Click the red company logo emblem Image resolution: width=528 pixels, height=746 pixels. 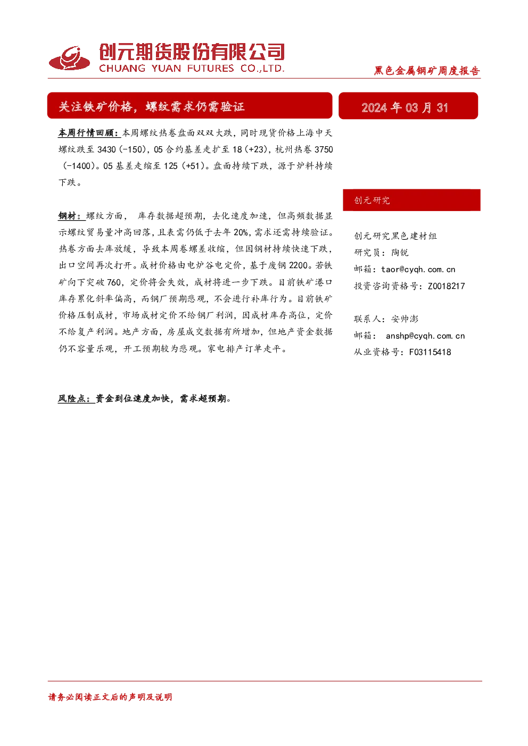(x=69, y=58)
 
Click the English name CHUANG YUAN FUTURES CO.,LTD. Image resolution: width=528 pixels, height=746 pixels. (x=192, y=69)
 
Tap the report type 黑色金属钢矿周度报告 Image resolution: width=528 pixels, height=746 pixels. (x=427, y=71)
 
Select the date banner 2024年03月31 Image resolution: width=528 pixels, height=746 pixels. (x=405, y=107)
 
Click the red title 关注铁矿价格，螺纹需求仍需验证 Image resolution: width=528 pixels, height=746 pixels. (x=152, y=106)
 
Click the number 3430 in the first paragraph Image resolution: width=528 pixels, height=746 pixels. (x=106, y=149)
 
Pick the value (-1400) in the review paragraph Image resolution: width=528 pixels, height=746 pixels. (x=79, y=166)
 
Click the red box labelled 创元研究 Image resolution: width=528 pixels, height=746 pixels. (x=411, y=200)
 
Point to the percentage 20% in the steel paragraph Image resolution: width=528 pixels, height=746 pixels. (x=241, y=232)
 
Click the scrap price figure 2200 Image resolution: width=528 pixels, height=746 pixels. (x=299, y=265)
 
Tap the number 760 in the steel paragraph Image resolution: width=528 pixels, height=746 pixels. (x=114, y=282)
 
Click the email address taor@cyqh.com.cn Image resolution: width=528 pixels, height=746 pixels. (x=418, y=269)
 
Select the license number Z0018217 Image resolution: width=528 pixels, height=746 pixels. (x=447, y=286)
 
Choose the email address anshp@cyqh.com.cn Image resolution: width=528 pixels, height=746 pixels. (x=425, y=336)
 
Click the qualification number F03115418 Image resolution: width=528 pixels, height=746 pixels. (x=430, y=352)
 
